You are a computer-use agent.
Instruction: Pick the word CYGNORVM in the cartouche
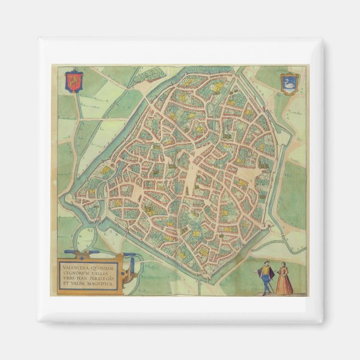click(x=74, y=273)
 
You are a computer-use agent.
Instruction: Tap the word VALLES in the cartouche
click(x=101, y=273)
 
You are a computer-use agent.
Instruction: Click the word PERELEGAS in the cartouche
click(x=102, y=279)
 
